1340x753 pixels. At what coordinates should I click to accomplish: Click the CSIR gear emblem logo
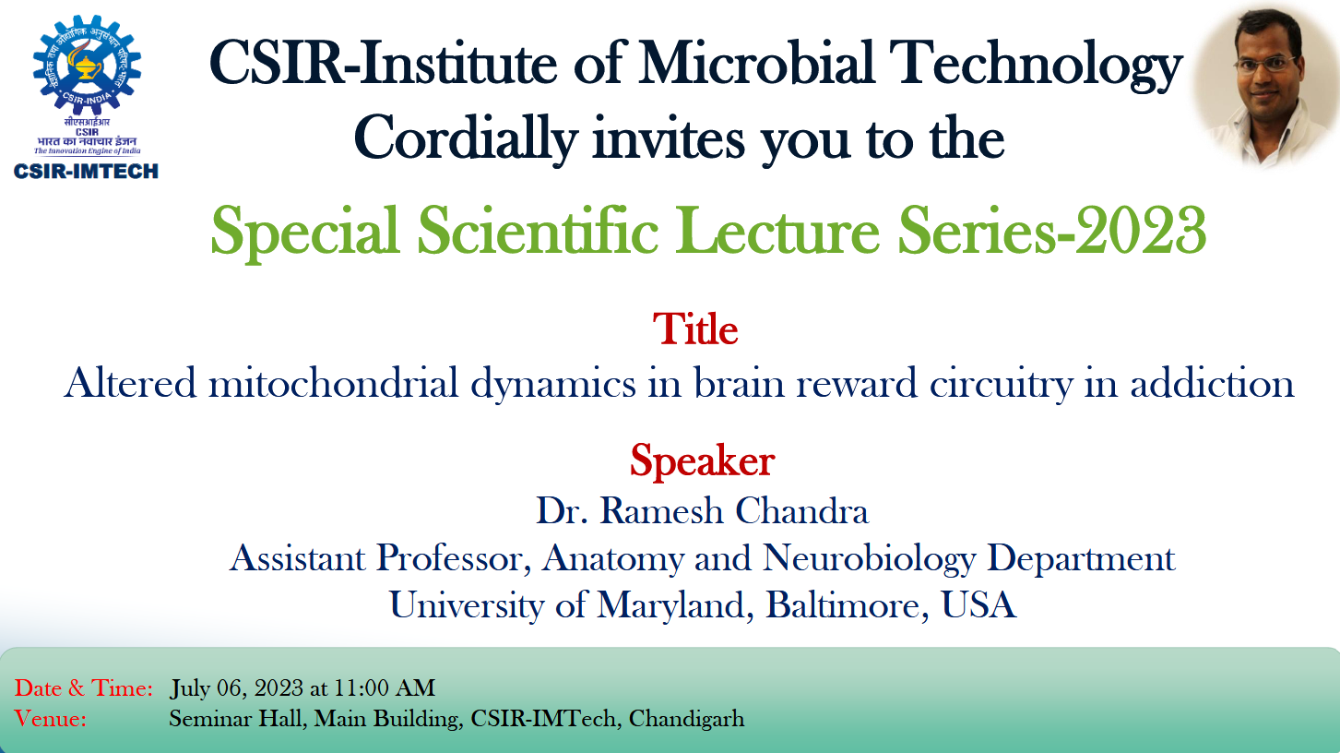pos(88,66)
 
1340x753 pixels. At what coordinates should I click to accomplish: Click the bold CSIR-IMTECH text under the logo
pos(86,172)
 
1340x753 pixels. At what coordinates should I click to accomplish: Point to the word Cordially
pos(466,138)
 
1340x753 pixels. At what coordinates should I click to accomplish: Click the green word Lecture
pos(777,231)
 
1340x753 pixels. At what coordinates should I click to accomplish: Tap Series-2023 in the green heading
pos(1051,231)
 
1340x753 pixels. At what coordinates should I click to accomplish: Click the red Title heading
pos(695,329)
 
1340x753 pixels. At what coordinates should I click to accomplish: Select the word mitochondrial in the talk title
pos(333,382)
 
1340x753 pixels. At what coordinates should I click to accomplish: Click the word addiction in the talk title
pos(1212,382)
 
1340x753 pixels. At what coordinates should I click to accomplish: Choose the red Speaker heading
pos(703,461)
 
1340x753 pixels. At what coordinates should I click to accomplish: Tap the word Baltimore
pos(848,604)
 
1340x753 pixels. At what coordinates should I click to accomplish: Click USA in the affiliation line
pos(978,604)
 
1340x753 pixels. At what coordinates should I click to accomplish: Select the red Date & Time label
pos(84,688)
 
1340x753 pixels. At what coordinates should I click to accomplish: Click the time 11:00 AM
pos(384,688)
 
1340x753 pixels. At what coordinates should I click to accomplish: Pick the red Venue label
pos(50,718)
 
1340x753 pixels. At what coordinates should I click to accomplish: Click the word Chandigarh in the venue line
pos(686,719)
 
